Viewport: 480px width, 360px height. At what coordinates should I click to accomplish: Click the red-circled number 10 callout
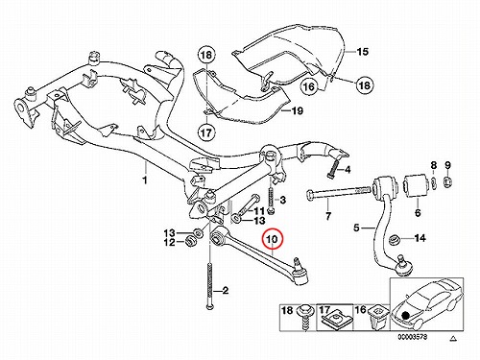click(x=272, y=239)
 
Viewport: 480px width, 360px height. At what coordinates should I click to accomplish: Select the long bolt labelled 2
click(x=208, y=285)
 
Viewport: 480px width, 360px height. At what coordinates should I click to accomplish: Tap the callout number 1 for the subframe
click(x=145, y=180)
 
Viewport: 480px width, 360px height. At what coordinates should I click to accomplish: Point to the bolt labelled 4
click(x=333, y=168)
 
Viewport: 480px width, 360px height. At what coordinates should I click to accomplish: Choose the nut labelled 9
click(x=448, y=182)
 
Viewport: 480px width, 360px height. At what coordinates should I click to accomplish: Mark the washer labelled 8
click(x=433, y=183)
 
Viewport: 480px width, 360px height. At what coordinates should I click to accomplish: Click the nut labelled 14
click(x=394, y=240)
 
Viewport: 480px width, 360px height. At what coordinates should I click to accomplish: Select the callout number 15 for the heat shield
click(x=363, y=52)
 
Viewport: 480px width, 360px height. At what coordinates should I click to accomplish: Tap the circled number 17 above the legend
click(x=206, y=132)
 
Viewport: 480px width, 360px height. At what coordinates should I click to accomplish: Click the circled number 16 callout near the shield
click(x=309, y=86)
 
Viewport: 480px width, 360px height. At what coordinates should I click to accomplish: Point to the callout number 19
click(x=297, y=111)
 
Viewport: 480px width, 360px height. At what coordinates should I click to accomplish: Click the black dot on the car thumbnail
click(x=406, y=316)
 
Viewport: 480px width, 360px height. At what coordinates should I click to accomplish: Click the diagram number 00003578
click(x=413, y=337)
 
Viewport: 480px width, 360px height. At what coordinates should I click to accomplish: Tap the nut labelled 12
click(x=191, y=241)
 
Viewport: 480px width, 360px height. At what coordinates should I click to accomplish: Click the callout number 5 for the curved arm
click(x=356, y=228)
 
